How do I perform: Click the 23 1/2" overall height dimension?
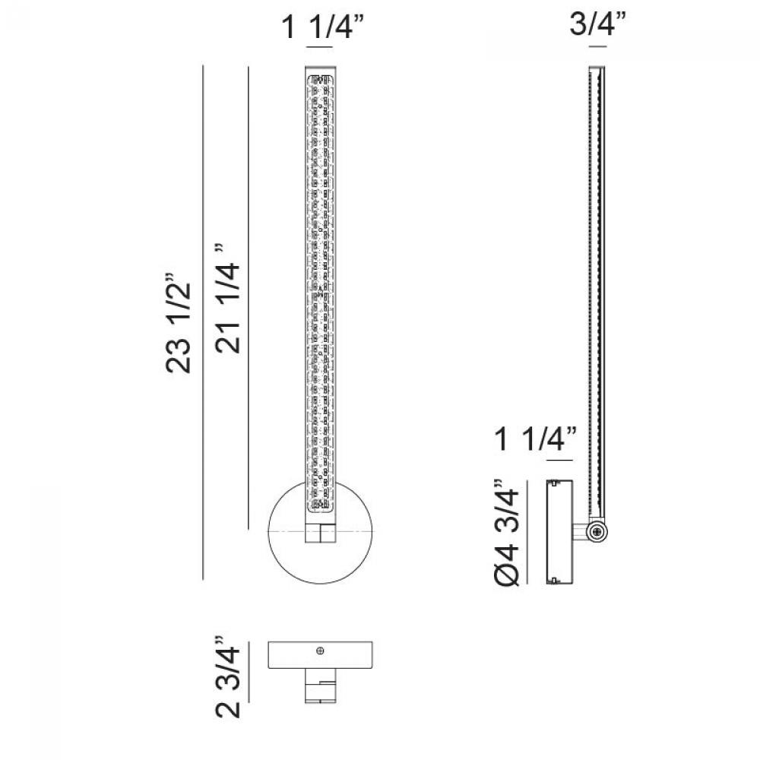click(179, 322)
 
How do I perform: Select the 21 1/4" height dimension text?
click(228, 298)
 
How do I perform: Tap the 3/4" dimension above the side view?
click(597, 23)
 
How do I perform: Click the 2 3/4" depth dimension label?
click(228, 676)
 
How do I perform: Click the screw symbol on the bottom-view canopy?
click(320, 651)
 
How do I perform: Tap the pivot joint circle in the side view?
click(597, 532)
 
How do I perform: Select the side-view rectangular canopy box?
click(559, 532)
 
